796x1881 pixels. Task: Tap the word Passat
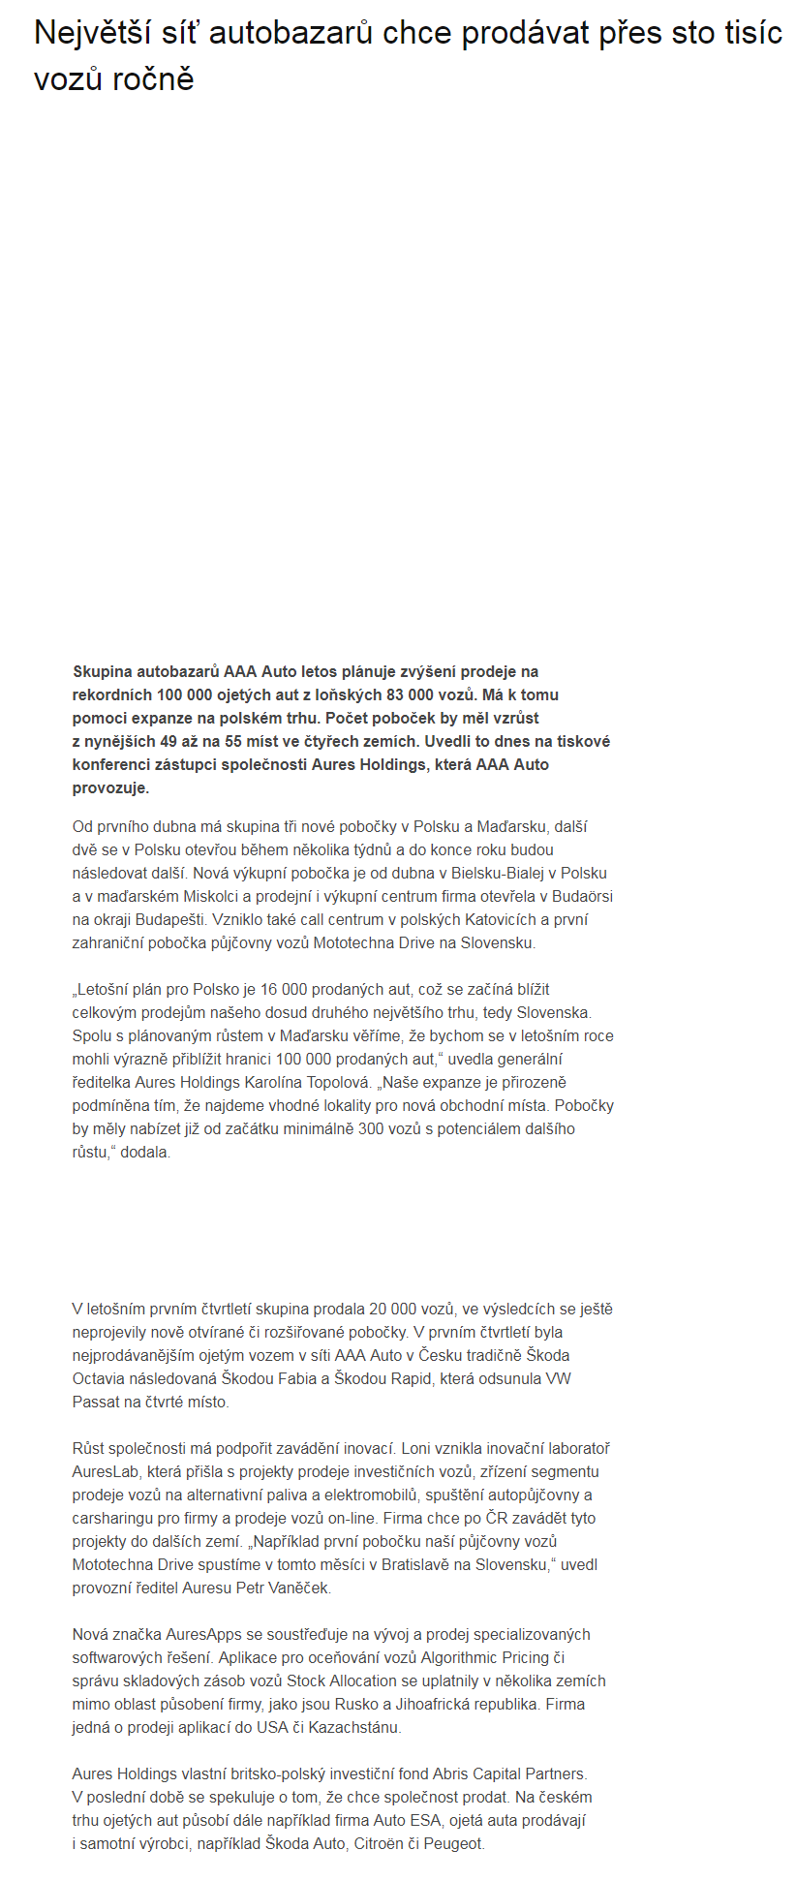point(95,1402)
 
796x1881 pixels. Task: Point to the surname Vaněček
point(298,1588)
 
